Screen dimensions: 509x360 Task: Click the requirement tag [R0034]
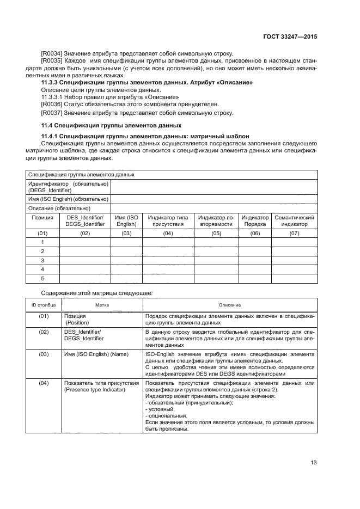[52, 53]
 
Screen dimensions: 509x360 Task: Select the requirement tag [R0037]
[52, 113]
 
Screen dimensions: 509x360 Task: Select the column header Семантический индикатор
[294, 220]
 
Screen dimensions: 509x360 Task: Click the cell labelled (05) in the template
[216, 234]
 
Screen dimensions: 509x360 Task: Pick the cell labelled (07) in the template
[294, 234]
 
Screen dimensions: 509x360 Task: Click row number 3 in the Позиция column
[42, 260]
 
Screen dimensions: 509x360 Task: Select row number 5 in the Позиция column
[42, 279]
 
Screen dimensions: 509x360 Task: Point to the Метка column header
[102, 305]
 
